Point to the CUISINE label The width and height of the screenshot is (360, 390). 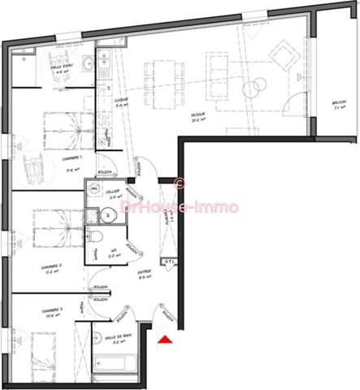(119, 101)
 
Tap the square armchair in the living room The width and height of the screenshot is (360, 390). (283, 54)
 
